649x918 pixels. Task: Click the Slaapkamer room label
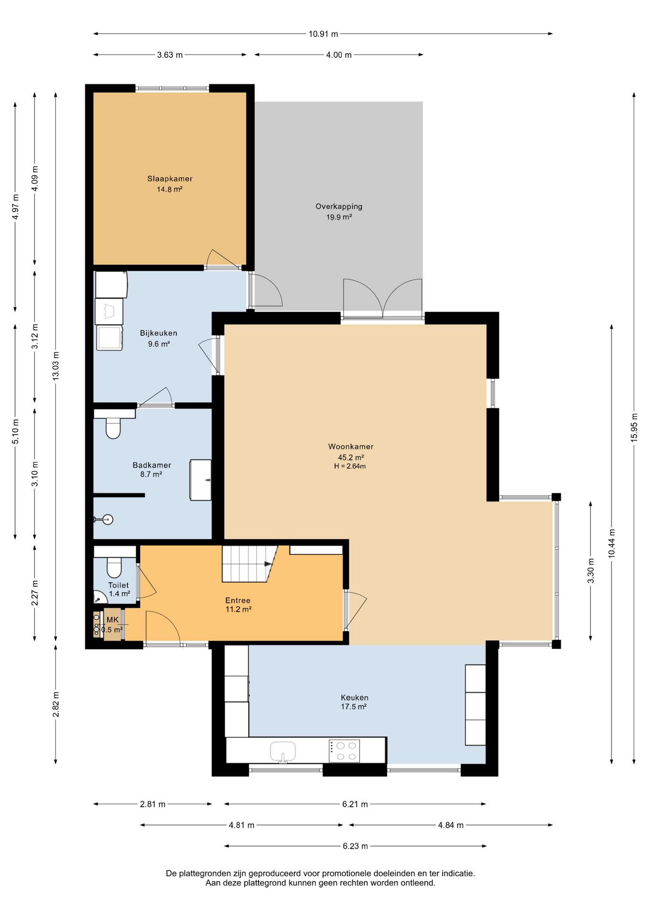(x=170, y=179)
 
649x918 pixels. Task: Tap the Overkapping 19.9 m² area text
(x=339, y=217)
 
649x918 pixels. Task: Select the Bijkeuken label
(x=159, y=333)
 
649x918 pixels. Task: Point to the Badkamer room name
(x=151, y=465)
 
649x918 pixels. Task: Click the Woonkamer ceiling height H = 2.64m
(x=350, y=466)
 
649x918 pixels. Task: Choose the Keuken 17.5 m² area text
(x=354, y=707)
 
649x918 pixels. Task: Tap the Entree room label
(x=238, y=601)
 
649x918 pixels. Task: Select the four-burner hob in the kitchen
(x=344, y=751)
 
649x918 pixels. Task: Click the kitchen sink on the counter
(x=283, y=751)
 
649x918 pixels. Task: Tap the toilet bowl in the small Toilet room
(x=114, y=568)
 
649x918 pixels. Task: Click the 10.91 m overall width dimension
(x=323, y=34)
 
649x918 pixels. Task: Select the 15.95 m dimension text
(x=634, y=427)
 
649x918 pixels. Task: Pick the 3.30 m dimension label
(x=591, y=571)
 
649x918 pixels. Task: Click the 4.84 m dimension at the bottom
(x=451, y=825)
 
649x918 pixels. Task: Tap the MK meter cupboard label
(x=112, y=620)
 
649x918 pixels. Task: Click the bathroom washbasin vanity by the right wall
(x=201, y=480)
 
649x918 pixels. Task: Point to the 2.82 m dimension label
(x=56, y=705)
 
